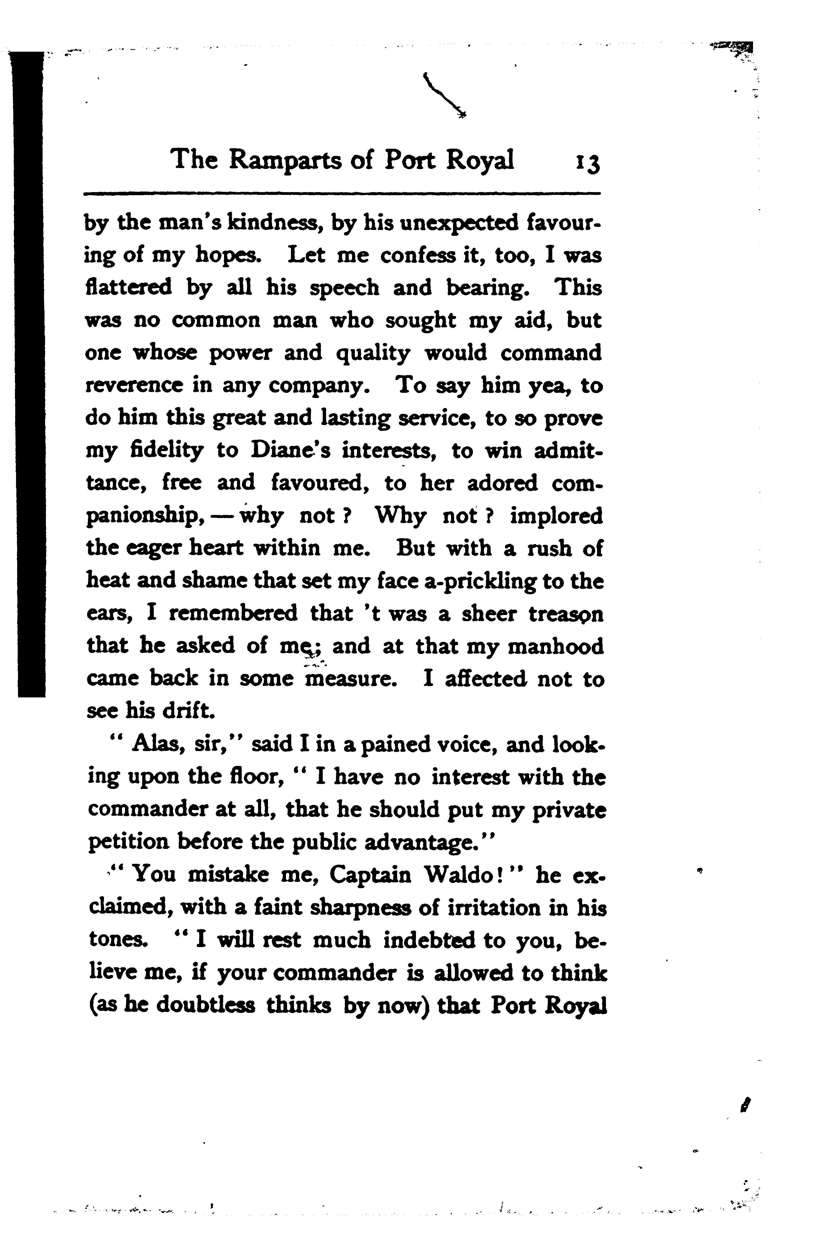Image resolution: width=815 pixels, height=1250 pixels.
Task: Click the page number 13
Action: [587, 162]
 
